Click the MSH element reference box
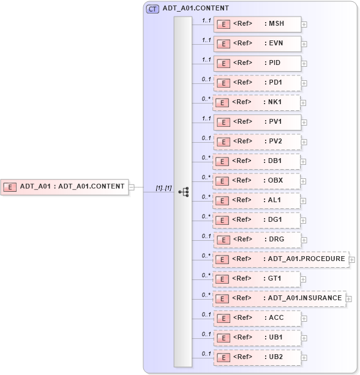coord(257,25)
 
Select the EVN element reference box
coord(257,44)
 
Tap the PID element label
coord(273,63)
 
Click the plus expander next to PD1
coord(304,83)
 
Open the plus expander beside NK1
coord(304,103)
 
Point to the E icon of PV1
coord(223,123)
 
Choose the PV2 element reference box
coord(257,142)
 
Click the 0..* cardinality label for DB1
coord(206,157)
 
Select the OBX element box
coord(257,181)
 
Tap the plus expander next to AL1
coord(304,201)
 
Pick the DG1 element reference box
coord(257,220)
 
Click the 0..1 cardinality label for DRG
coord(206,236)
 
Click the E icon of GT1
coord(223,279)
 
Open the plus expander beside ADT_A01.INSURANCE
coord(349,299)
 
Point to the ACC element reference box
coord(257,318)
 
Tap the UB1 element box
coord(257,338)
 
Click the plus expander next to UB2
coord(304,358)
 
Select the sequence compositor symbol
coord(183,192)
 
